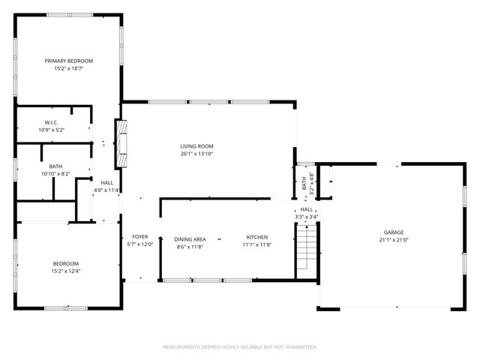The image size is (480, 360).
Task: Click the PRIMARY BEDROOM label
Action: tap(68, 61)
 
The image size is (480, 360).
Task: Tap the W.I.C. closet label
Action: tap(52, 122)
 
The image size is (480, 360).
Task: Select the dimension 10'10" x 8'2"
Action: tap(56, 174)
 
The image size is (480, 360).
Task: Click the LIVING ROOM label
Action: tap(196, 146)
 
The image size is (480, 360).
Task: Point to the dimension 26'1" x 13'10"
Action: tap(196, 154)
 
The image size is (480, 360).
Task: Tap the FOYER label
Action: tap(140, 237)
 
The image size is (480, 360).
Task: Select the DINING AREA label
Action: tap(189, 238)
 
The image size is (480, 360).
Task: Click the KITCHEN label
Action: tap(256, 238)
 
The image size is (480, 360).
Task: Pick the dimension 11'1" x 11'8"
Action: tap(256, 245)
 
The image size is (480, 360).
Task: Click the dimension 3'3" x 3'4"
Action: tap(307, 217)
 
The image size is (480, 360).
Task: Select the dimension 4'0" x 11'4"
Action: tap(106, 190)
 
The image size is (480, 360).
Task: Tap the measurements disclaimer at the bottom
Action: tap(240, 347)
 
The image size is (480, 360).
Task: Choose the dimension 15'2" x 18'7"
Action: tap(68, 68)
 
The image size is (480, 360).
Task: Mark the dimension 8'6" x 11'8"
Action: tap(189, 246)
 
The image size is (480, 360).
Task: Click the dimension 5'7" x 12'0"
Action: tap(140, 244)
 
